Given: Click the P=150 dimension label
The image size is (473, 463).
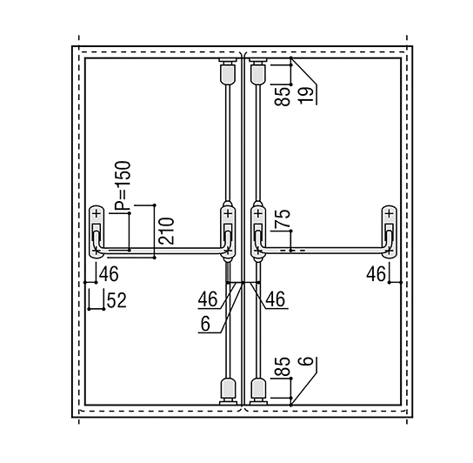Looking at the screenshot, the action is click(x=123, y=186).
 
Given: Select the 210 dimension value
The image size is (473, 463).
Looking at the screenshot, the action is click(x=167, y=231).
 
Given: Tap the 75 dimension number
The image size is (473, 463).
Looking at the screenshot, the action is click(x=283, y=218).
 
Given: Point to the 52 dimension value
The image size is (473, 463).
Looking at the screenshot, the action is click(x=117, y=301).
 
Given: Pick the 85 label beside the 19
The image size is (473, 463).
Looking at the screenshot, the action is click(x=283, y=97).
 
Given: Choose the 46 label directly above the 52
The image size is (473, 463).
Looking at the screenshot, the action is click(x=109, y=274).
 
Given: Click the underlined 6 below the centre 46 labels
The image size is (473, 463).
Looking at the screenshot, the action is click(x=205, y=325).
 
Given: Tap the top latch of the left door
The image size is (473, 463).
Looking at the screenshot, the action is click(x=229, y=70).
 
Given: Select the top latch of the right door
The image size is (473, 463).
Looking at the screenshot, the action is click(x=258, y=70).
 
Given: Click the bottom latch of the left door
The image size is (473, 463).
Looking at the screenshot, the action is click(x=229, y=391).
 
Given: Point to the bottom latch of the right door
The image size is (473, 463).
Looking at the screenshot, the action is click(x=258, y=391).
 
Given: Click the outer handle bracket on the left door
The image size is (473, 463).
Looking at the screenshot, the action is click(x=97, y=232).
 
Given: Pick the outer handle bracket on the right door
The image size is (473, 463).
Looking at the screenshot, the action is click(x=390, y=232).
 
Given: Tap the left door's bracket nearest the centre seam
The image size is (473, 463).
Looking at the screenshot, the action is click(x=229, y=232).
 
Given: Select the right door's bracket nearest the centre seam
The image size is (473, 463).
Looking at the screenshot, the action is click(x=258, y=232).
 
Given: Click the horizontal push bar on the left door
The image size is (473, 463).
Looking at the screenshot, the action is click(x=162, y=251).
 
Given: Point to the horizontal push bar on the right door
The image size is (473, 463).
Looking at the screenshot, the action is click(x=323, y=251).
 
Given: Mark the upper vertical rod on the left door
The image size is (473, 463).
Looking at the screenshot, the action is click(x=229, y=143).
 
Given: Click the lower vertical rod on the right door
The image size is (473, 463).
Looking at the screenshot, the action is click(x=258, y=320).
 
